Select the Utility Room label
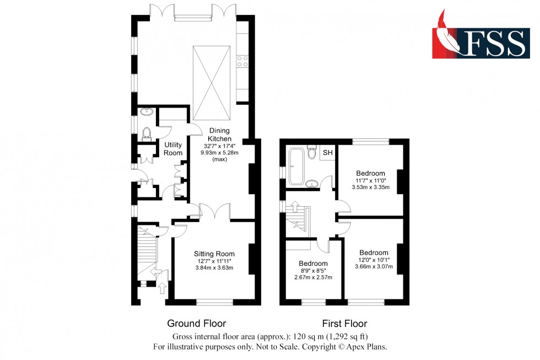172,149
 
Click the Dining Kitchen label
219,135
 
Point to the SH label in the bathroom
327,153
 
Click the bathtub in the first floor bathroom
296,166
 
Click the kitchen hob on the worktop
242,61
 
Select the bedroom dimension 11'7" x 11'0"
370,180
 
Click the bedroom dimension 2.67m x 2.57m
313,277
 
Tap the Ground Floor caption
196,324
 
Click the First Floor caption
344,324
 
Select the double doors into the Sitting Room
212,212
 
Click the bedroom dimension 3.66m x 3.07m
374,267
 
